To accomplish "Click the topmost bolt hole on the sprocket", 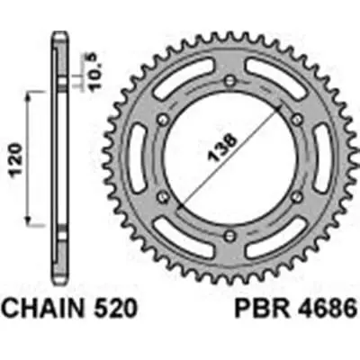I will tap(231, 83).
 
